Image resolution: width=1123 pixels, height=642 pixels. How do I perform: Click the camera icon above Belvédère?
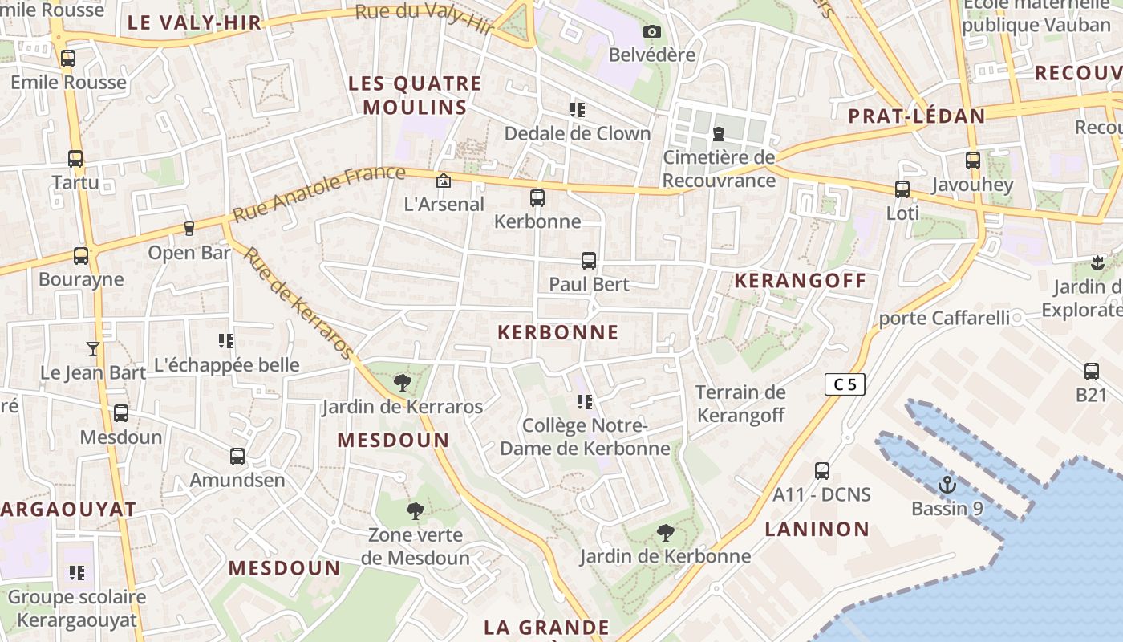pyautogui.click(x=652, y=32)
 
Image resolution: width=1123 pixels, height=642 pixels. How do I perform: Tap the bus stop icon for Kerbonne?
pyautogui.click(x=537, y=197)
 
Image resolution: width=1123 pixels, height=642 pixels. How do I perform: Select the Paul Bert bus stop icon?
pyautogui.click(x=589, y=260)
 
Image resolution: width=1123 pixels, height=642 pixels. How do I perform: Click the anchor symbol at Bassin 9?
pyautogui.click(x=948, y=484)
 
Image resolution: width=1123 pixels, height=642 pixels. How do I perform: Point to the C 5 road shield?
pyautogui.click(x=845, y=384)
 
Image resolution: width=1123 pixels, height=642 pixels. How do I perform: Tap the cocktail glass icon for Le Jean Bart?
pyautogui.click(x=93, y=348)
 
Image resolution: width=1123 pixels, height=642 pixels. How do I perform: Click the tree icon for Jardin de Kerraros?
pyautogui.click(x=403, y=383)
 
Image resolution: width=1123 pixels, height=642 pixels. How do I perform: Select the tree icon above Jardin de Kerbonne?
pyautogui.click(x=665, y=532)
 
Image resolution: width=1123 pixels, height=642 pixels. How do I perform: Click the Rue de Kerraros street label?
pyautogui.click(x=298, y=303)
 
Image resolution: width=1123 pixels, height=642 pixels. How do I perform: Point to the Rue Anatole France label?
pyautogui.click(x=318, y=193)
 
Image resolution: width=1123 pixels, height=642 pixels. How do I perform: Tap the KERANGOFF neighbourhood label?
pyautogui.click(x=801, y=280)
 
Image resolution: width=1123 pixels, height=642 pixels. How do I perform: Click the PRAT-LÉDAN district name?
pyautogui.click(x=917, y=116)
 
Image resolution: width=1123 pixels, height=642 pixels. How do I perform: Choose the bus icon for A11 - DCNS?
pyautogui.click(x=822, y=470)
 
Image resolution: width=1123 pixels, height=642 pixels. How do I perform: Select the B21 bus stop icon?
pyautogui.click(x=1092, y=371)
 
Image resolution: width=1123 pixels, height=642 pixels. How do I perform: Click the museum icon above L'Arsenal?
pyautogui.click(x=444, y=181)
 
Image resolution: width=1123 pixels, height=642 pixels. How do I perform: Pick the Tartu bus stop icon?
pyautogui.click(x=75, y=158)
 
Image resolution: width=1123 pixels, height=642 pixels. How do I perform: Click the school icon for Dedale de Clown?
pyautogui.click(x=578, y=109)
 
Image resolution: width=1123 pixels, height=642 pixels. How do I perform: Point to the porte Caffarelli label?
pyautogui.click(x=944, y=318)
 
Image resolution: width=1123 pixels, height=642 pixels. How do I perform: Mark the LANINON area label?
pyautogui.click(x=817, y=529)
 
